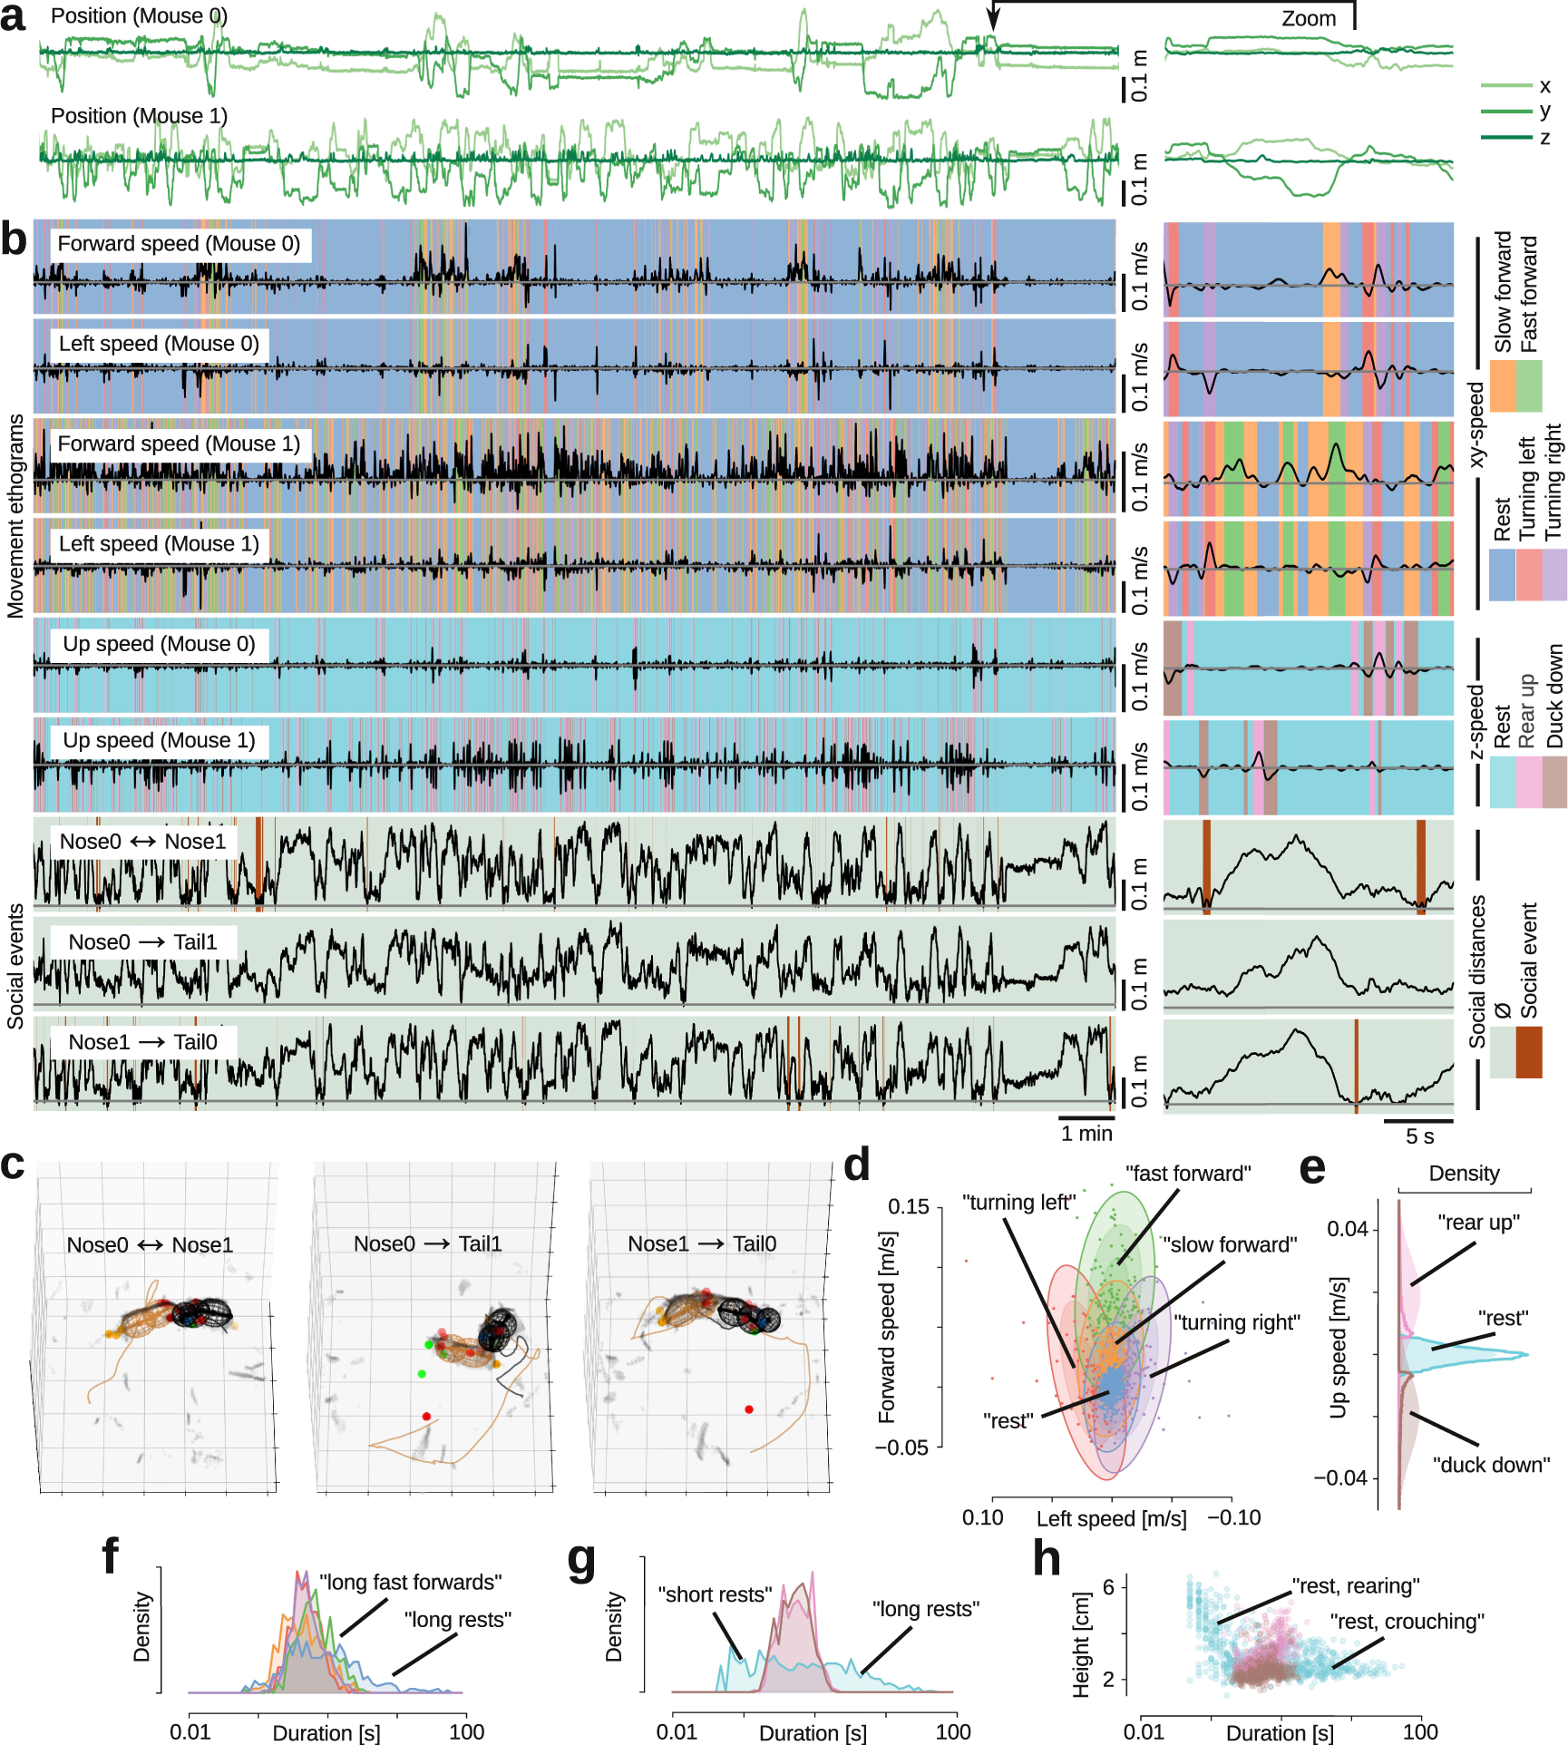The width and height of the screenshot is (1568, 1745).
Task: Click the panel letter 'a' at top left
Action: coord(14,18)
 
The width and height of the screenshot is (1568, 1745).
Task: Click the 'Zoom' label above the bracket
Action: coord(1308,19)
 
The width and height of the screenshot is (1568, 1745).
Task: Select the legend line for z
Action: coord(1505,138)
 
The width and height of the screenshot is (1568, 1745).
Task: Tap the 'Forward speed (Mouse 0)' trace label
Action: coord(179,244)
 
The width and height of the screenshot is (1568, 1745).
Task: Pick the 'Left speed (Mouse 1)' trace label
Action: coord(159,543)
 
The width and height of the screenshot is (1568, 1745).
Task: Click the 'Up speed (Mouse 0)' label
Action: coord(159,644)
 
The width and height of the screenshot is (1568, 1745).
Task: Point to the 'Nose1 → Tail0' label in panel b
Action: coord(143,1042)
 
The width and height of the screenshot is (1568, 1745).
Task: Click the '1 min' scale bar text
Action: coord(1086,1133)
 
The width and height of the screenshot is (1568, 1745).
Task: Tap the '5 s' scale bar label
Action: coord(1419,1136)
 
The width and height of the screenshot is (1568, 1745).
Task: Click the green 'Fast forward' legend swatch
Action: coord(1529,385)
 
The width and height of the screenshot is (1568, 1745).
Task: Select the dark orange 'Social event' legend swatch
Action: coord(1529,1052)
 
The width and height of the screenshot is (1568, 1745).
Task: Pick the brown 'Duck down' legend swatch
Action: coord(1554,782)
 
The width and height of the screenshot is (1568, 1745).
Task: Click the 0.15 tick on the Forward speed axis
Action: coord(909,1206)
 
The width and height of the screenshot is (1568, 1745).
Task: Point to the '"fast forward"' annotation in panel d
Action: coord(1188,1174)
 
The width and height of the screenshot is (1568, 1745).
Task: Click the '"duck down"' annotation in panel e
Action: coord(1491,1465)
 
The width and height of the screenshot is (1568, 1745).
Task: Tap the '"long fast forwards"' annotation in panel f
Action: coord(410,1582)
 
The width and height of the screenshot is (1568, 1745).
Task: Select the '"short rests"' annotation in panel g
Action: coord(715,1594)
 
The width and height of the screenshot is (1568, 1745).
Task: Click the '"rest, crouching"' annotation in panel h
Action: coord(1407,1621)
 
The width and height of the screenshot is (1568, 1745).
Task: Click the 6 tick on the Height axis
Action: coord(1108,1586)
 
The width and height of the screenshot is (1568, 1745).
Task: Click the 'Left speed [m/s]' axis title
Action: coord(1111,1518)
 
